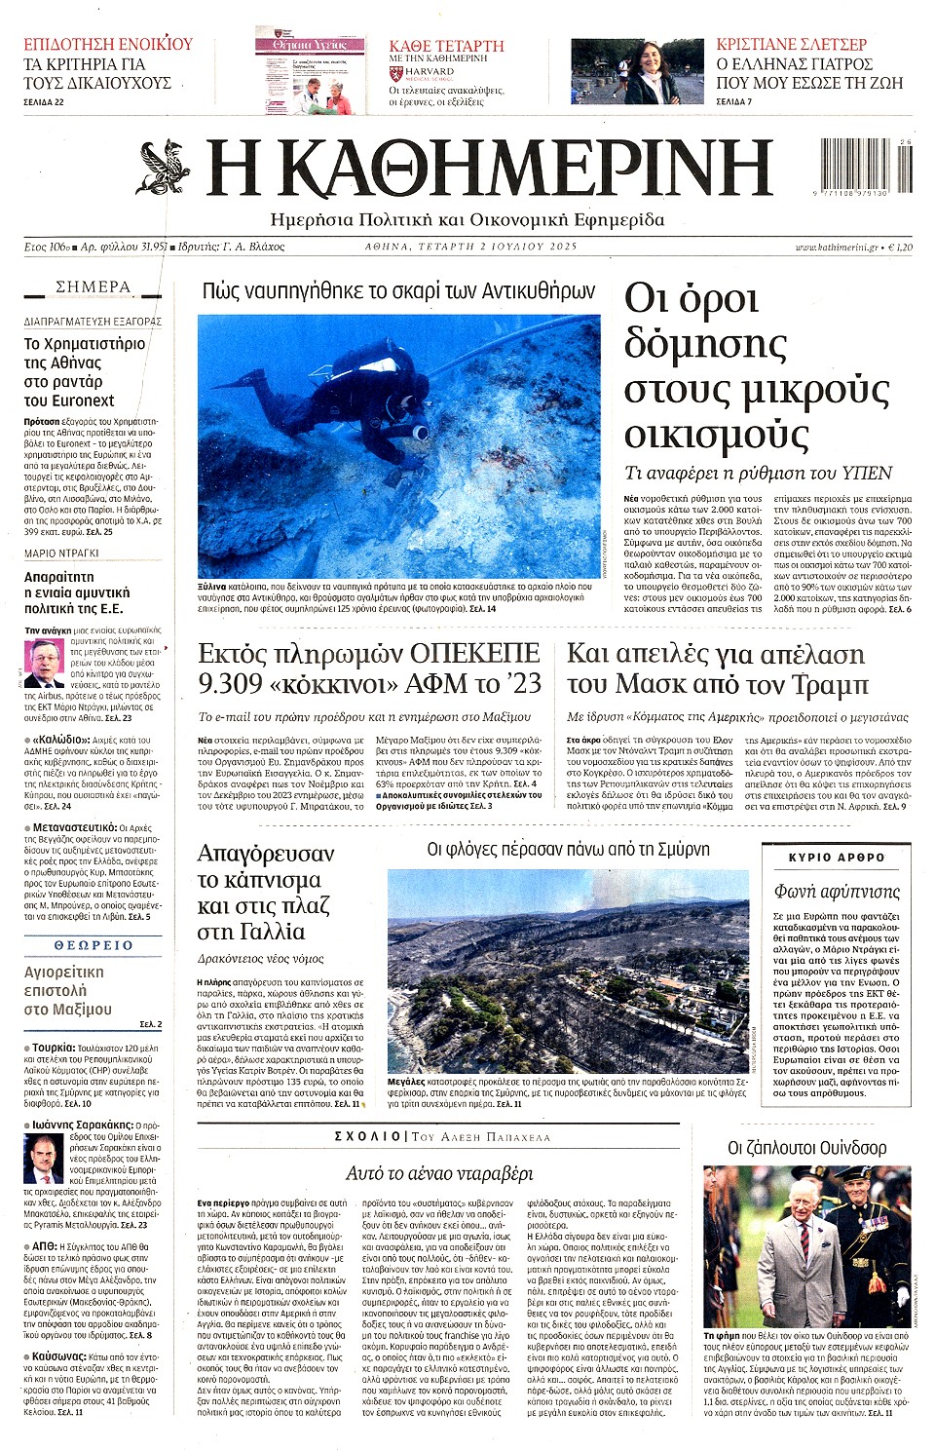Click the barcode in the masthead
pyautogui.click(x=865, y=168)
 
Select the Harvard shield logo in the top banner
pyautogui.click(x=395, y=72)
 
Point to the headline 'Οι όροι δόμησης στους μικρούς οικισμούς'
pyautogui.click(x=755, y=365)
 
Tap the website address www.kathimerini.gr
pyautogui.click(x=836, y=248)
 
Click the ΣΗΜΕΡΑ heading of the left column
pyautogui.click(x=93, y=287)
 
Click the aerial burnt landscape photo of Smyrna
pyautogui.click(x=569, y=970)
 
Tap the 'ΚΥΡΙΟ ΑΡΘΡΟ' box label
pyautogui.click(x=838, y=858)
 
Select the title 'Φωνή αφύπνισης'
pyautogui.click(x=838, y=891)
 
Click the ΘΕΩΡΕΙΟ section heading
pyautogui.click(x=93, y=945)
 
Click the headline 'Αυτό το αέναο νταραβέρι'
pyautogui.click(x=440, y=1172)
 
